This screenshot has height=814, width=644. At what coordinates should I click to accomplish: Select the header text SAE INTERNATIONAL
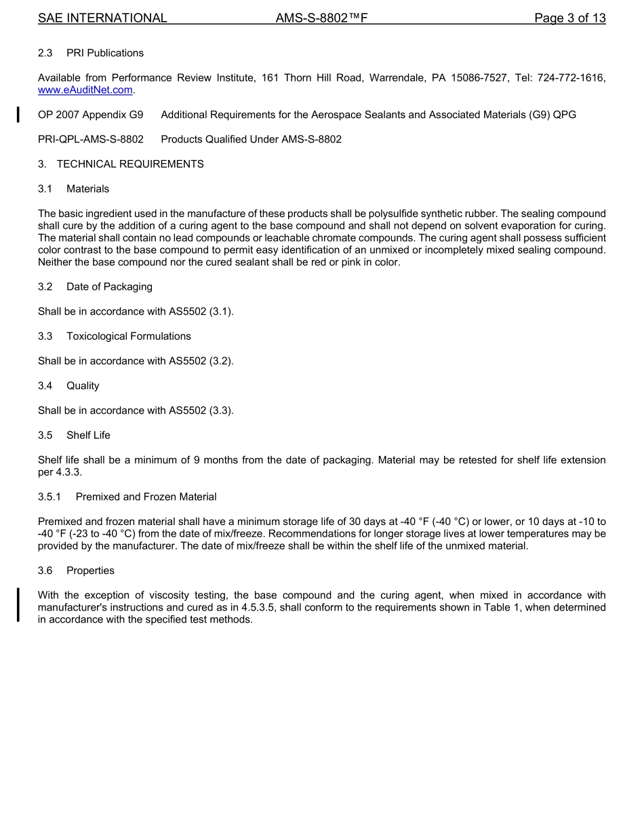pos(102,18)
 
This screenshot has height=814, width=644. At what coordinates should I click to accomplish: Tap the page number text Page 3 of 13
pos(569,18)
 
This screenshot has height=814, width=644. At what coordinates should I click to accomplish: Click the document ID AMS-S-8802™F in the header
pos(321,18)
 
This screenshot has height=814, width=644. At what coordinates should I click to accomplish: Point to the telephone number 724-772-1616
pos(571,78)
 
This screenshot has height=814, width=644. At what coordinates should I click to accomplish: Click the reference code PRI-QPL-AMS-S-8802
pos(91,140)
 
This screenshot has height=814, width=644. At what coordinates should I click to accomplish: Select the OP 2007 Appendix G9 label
pos(91,115)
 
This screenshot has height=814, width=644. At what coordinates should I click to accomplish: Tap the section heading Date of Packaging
pos(109,287)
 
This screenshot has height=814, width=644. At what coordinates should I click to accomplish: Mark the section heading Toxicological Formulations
pos(129,336)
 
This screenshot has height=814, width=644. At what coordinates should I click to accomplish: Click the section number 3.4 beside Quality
pos(45,386)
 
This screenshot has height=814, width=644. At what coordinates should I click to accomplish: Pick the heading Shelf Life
pos(88,435)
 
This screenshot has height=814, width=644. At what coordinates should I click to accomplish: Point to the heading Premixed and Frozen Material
pos(146,497)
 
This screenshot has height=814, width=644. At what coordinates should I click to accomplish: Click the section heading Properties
pos(90,571)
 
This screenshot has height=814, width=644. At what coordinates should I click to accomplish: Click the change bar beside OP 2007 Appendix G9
pos(19,114)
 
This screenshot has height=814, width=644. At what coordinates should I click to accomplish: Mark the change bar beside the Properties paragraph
pos(19,605)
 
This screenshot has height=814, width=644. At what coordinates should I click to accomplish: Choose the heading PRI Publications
pos(105,53)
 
